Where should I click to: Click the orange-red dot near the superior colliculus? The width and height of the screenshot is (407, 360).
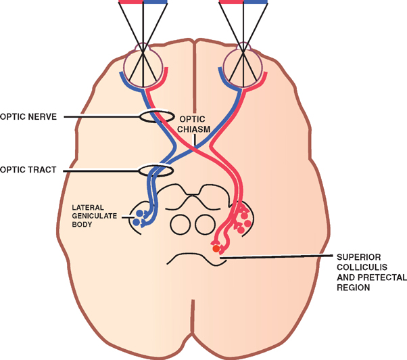[x=216, y=249]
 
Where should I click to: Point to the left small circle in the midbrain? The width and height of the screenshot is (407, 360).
[x=180, y=222]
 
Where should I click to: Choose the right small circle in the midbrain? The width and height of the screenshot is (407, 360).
[x=203, y=222]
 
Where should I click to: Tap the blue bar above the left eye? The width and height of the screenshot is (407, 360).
[x=156, y=2]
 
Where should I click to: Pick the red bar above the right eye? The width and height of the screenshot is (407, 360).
[x=231, y=2]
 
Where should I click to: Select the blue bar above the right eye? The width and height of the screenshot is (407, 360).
[x=256, y=2]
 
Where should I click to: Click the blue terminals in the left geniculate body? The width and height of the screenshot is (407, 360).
[x=139, y=216]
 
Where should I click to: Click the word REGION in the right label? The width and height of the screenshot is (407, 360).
[x=355, y=288]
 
